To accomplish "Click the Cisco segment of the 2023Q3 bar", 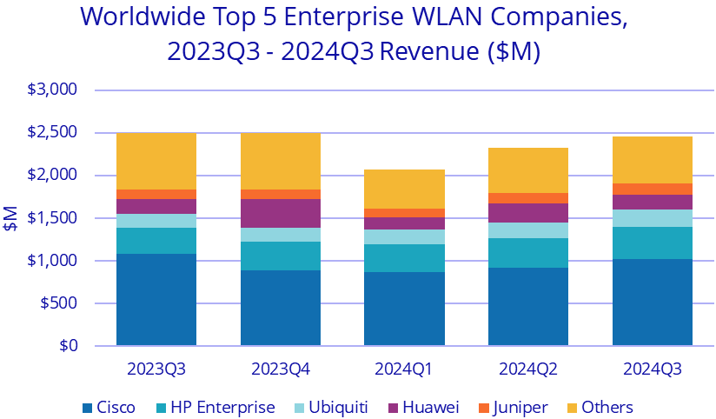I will coord(156,300).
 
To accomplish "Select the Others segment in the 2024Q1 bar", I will coord(404,189).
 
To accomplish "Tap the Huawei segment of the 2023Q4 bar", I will coord(280,213).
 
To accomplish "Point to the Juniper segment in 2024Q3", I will coord(653,189).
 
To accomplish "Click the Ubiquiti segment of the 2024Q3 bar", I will coord(653,218).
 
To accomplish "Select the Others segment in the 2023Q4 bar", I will coord(280,161).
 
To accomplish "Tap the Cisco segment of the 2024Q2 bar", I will coord(528,307).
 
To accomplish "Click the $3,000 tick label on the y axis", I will coord(54,90).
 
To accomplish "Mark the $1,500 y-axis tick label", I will coord(54,218).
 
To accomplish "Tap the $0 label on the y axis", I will coord(67,346).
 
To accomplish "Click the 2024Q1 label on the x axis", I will coord(404,369).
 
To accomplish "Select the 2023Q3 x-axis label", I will coord(156,369).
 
